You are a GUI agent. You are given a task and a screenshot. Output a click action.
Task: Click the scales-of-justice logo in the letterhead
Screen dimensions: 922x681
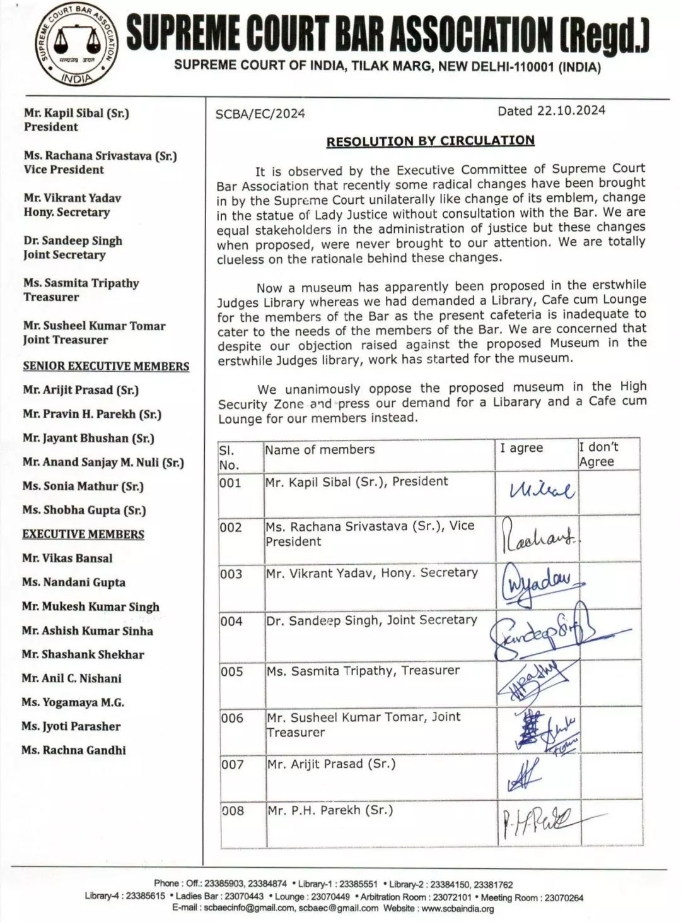74,45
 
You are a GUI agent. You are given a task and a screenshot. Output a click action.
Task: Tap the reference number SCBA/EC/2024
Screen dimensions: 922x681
260,114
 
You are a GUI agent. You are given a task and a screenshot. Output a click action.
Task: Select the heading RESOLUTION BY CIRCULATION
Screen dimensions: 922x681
430,141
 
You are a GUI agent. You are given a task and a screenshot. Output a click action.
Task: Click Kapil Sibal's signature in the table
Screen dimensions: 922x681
542,490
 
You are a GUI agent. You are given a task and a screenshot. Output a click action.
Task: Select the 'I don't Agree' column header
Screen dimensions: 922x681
598,454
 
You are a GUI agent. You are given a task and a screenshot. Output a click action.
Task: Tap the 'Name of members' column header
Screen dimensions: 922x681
320,450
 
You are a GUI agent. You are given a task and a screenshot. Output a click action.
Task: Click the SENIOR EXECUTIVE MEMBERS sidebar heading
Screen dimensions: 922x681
106,367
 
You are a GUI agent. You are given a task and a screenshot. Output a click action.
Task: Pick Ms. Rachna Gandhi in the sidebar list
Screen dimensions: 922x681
74,750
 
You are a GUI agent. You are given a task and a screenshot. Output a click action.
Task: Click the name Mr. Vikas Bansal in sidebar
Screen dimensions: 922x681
67,559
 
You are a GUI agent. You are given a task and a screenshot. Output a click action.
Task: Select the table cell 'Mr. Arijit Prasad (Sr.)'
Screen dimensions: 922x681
331,764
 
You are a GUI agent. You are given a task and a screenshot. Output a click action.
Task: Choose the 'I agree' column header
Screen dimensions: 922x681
521,448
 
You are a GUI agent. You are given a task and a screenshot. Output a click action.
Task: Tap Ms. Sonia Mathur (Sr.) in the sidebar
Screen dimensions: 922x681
83,487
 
